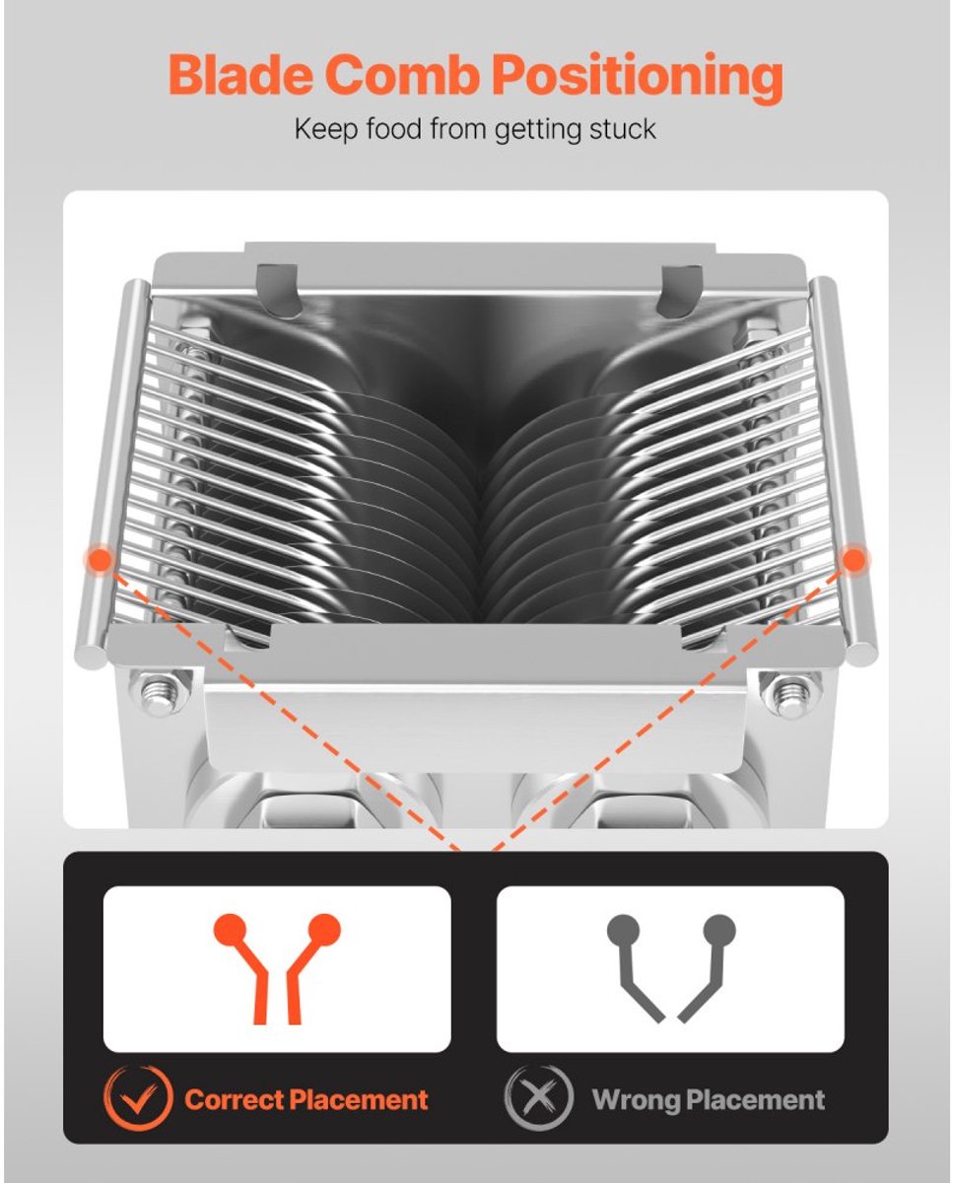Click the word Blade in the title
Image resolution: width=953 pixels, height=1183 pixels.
pos(241,74)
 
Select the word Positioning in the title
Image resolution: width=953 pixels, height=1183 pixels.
pos(637,77)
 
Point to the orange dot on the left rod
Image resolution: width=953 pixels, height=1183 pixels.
pos(100,560)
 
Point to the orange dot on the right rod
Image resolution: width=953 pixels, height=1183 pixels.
pos(853,560)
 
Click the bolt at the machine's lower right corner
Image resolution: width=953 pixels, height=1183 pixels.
pos(789,695)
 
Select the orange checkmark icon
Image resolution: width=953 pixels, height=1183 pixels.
pos(138,1099)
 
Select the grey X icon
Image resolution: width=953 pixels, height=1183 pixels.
pos(539,1099)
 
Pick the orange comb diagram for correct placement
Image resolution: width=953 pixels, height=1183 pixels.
pos(277,969)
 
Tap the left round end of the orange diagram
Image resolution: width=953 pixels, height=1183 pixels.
pos(231,930)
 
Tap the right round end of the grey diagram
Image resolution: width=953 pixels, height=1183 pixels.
pos(719,931)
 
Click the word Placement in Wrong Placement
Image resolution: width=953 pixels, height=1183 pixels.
pos(756,1100)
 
